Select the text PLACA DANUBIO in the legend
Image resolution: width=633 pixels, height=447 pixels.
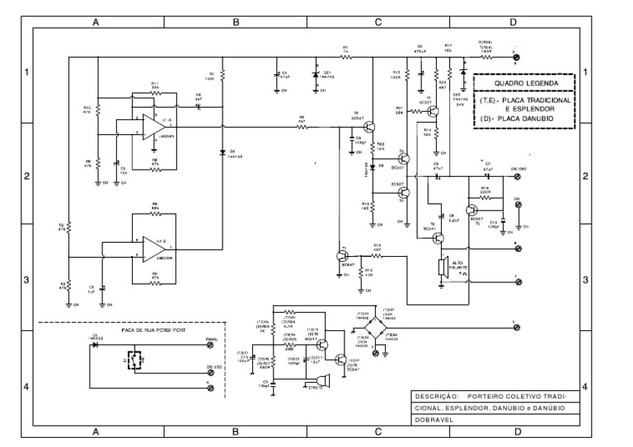527,120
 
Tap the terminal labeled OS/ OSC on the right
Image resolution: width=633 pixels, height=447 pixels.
518,175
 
